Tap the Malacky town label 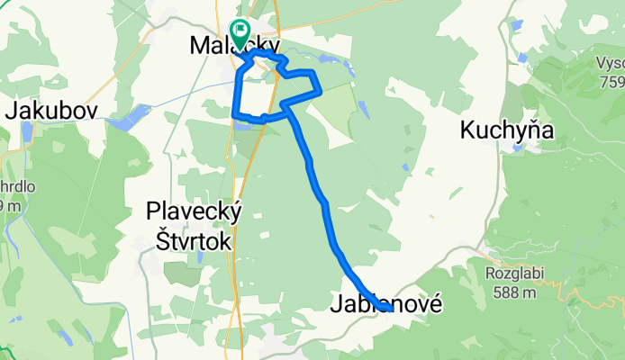coord(235,45)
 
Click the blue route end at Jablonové coord(385,309)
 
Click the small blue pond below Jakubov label coord(26,132)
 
